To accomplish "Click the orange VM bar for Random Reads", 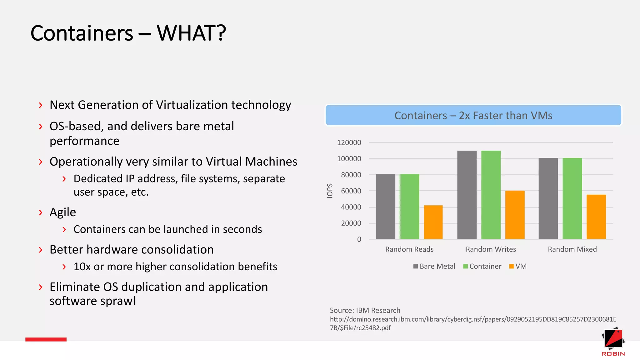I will point(433,222).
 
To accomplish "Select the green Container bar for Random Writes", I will point(491,195).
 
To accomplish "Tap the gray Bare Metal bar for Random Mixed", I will point(548,198).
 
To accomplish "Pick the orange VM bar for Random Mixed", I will point(596,217).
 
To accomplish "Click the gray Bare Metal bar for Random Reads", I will point(385,207).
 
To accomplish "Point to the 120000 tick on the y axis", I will point(349,142).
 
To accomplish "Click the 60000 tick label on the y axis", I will point(351,191).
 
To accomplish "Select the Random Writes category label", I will point(491,249).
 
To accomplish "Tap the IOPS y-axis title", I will point(330,191).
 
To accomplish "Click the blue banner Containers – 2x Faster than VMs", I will point(473,115).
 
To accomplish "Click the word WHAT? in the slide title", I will point(191,33).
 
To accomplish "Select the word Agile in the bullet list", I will point(63,212).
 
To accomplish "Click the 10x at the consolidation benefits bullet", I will point(82,267).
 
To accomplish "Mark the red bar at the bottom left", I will point(46,339).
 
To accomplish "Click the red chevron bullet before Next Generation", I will point(40,105).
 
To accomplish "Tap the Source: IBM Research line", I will point(365,310).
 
